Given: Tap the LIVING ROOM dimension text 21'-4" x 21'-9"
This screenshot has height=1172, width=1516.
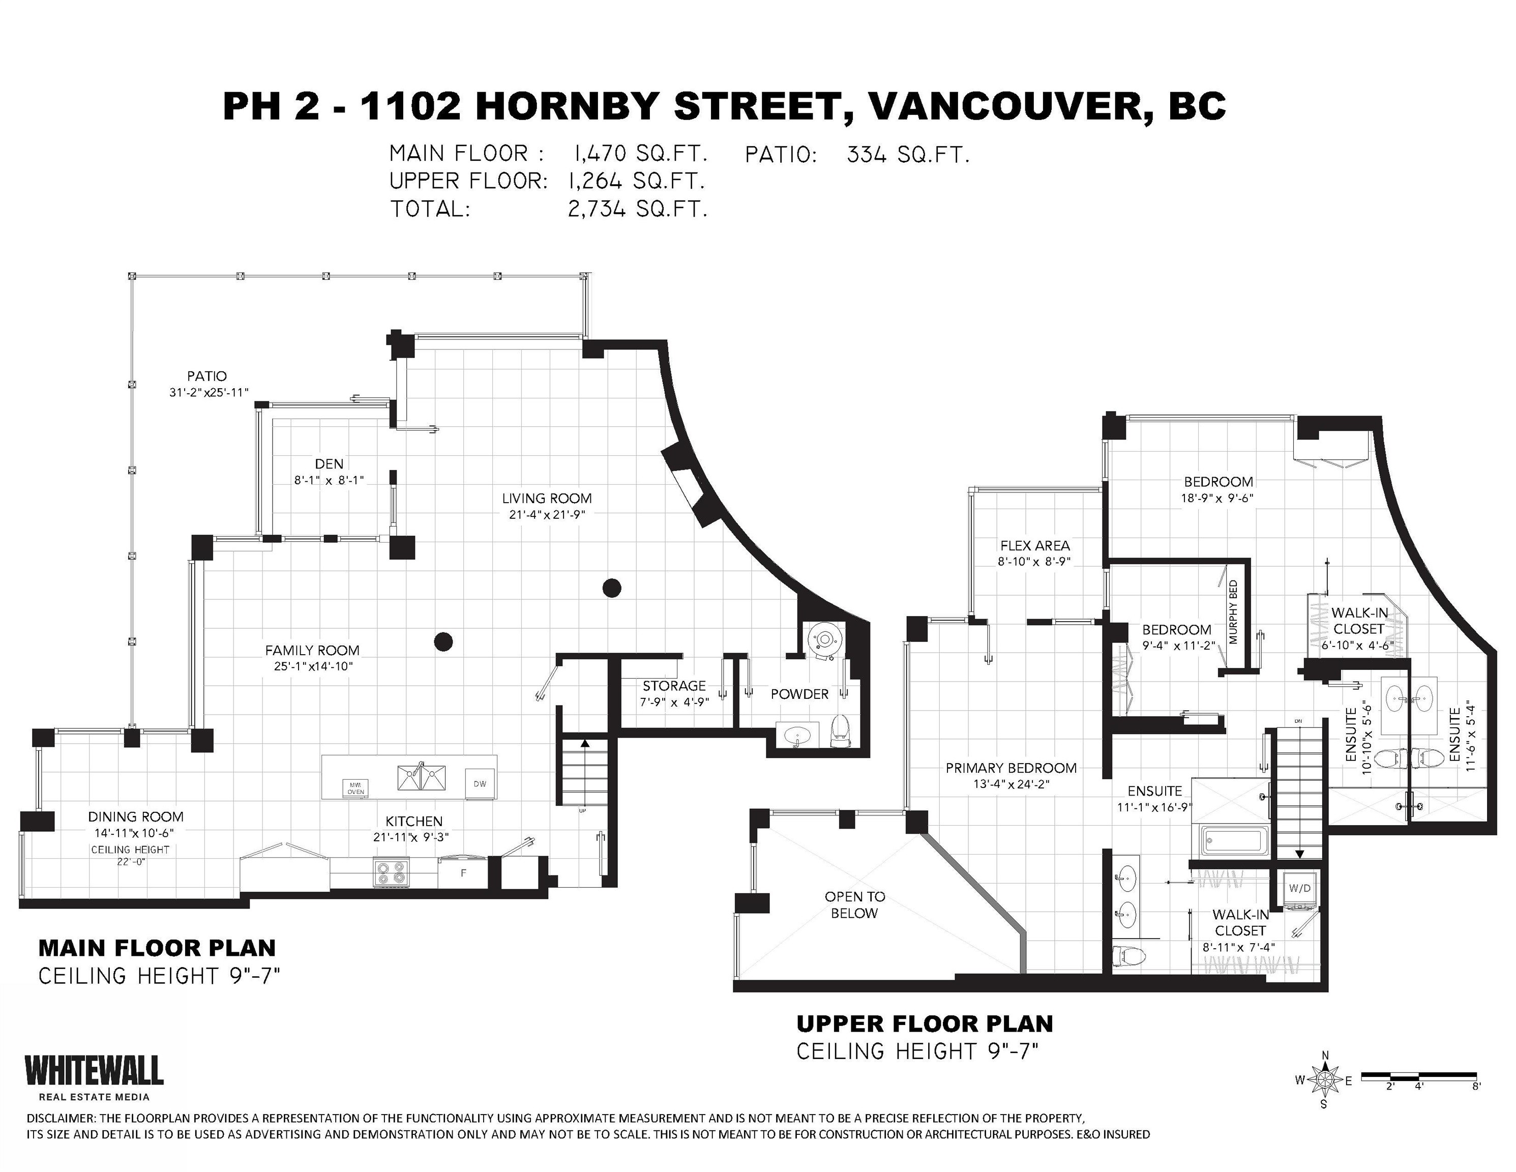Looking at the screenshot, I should tap(547, 514).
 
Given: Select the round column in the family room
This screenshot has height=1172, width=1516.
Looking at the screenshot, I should tap(443, 641).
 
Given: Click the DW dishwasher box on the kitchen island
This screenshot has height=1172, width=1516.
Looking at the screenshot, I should tap(480, 784).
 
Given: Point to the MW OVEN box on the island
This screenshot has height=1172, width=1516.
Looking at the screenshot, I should tap(355, 788).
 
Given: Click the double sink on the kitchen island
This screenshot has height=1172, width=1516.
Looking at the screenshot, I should tap(422, 777).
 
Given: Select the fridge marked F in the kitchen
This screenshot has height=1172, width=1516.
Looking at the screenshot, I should tap(463, 873).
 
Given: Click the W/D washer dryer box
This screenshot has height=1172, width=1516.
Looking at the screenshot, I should tap(1299, 889).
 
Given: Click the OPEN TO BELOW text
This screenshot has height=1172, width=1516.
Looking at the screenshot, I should tap(854, 905).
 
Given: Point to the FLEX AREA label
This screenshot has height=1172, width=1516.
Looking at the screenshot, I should tap(1035, 546).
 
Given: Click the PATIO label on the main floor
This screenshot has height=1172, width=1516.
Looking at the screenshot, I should tap(207, 376).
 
